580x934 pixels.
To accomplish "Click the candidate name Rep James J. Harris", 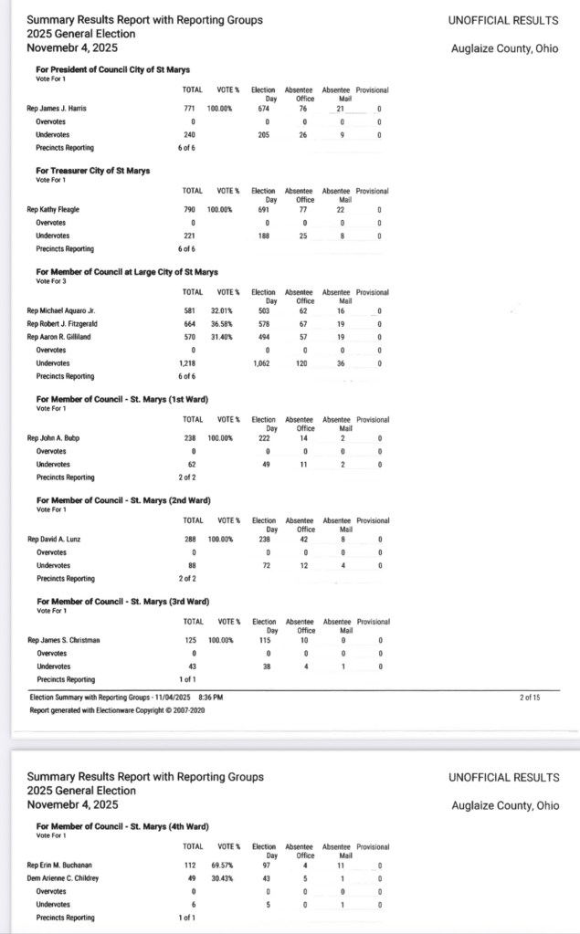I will (57, 109).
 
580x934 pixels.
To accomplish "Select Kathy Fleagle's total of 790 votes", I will (192, 210).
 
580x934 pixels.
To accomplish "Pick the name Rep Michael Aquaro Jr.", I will (62, 310).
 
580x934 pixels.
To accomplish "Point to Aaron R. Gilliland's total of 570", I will (192, 337).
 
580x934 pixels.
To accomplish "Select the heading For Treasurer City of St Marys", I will (93, 171).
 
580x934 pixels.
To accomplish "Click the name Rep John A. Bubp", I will (54, 438).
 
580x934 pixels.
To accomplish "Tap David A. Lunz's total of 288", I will (192, 540).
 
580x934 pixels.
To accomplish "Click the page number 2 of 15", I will (530, 698).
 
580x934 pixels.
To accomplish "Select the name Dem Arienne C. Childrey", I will (65, 877).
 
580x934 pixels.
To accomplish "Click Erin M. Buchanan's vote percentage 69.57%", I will (220, 865).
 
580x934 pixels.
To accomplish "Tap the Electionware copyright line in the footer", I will (116, 709).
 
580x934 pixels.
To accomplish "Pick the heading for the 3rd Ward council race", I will (123, 602).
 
